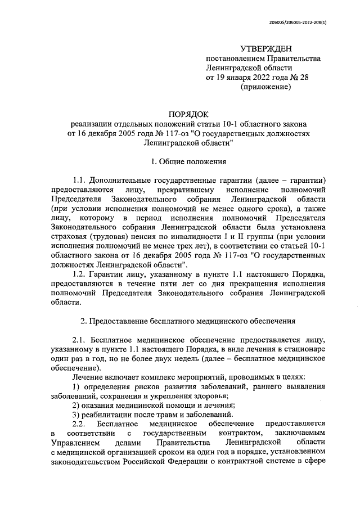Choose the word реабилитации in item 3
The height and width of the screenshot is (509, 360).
pos(107,415)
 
